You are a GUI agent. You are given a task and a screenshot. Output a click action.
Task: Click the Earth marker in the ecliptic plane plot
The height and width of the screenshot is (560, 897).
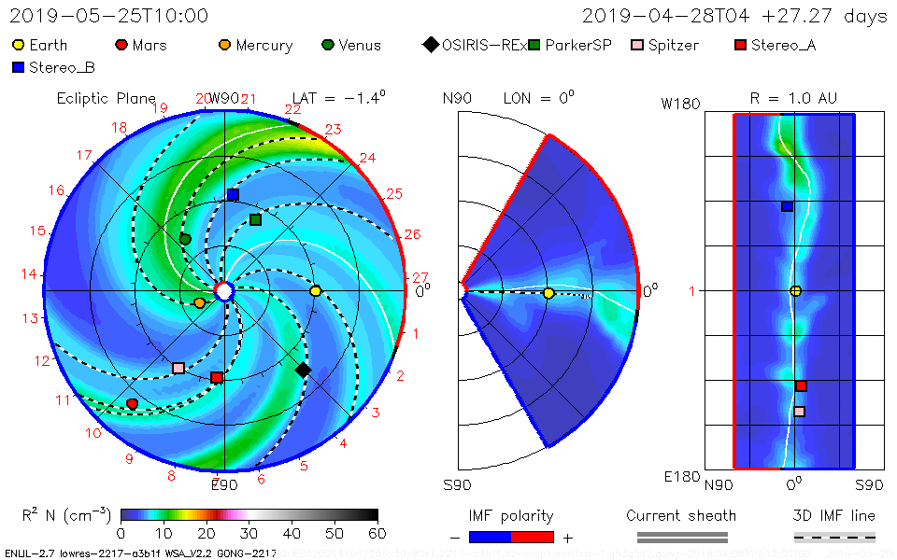coord(316,291)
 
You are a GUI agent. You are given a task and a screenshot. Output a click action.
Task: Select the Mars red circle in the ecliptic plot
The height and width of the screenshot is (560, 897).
coord(132,404)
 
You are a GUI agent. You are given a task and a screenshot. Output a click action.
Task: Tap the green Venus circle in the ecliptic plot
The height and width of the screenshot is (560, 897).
coord(185,240)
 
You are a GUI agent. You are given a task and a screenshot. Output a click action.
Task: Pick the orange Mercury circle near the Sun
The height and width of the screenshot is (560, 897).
coord(199,302)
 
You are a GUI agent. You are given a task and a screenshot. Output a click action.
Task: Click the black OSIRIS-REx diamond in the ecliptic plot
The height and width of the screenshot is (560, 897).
coord(303,371)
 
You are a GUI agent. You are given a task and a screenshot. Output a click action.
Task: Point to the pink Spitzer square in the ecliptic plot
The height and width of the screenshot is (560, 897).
coord(178,368)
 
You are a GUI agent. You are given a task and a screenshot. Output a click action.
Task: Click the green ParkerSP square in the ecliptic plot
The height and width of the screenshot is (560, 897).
coord(255,219)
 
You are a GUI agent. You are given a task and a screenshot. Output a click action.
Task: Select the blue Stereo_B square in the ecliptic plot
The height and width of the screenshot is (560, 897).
coord(233,194)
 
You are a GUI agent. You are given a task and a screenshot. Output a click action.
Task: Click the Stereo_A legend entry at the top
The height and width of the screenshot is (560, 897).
coord(776,45)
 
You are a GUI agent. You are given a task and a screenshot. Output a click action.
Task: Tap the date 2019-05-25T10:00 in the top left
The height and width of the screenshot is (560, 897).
coord(109,16)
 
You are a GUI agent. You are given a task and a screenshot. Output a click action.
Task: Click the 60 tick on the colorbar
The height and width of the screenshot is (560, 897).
coord(377,534)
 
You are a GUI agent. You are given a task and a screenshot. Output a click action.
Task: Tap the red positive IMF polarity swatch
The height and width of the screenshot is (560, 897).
coord(533,537)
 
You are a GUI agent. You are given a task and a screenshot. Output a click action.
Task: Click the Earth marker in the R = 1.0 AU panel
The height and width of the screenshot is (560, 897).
coord(795,291)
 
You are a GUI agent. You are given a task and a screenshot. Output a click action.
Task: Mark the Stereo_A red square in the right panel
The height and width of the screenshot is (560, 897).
coord(801,386)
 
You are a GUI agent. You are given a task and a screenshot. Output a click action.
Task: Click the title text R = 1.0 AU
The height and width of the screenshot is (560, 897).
coord(793,97)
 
